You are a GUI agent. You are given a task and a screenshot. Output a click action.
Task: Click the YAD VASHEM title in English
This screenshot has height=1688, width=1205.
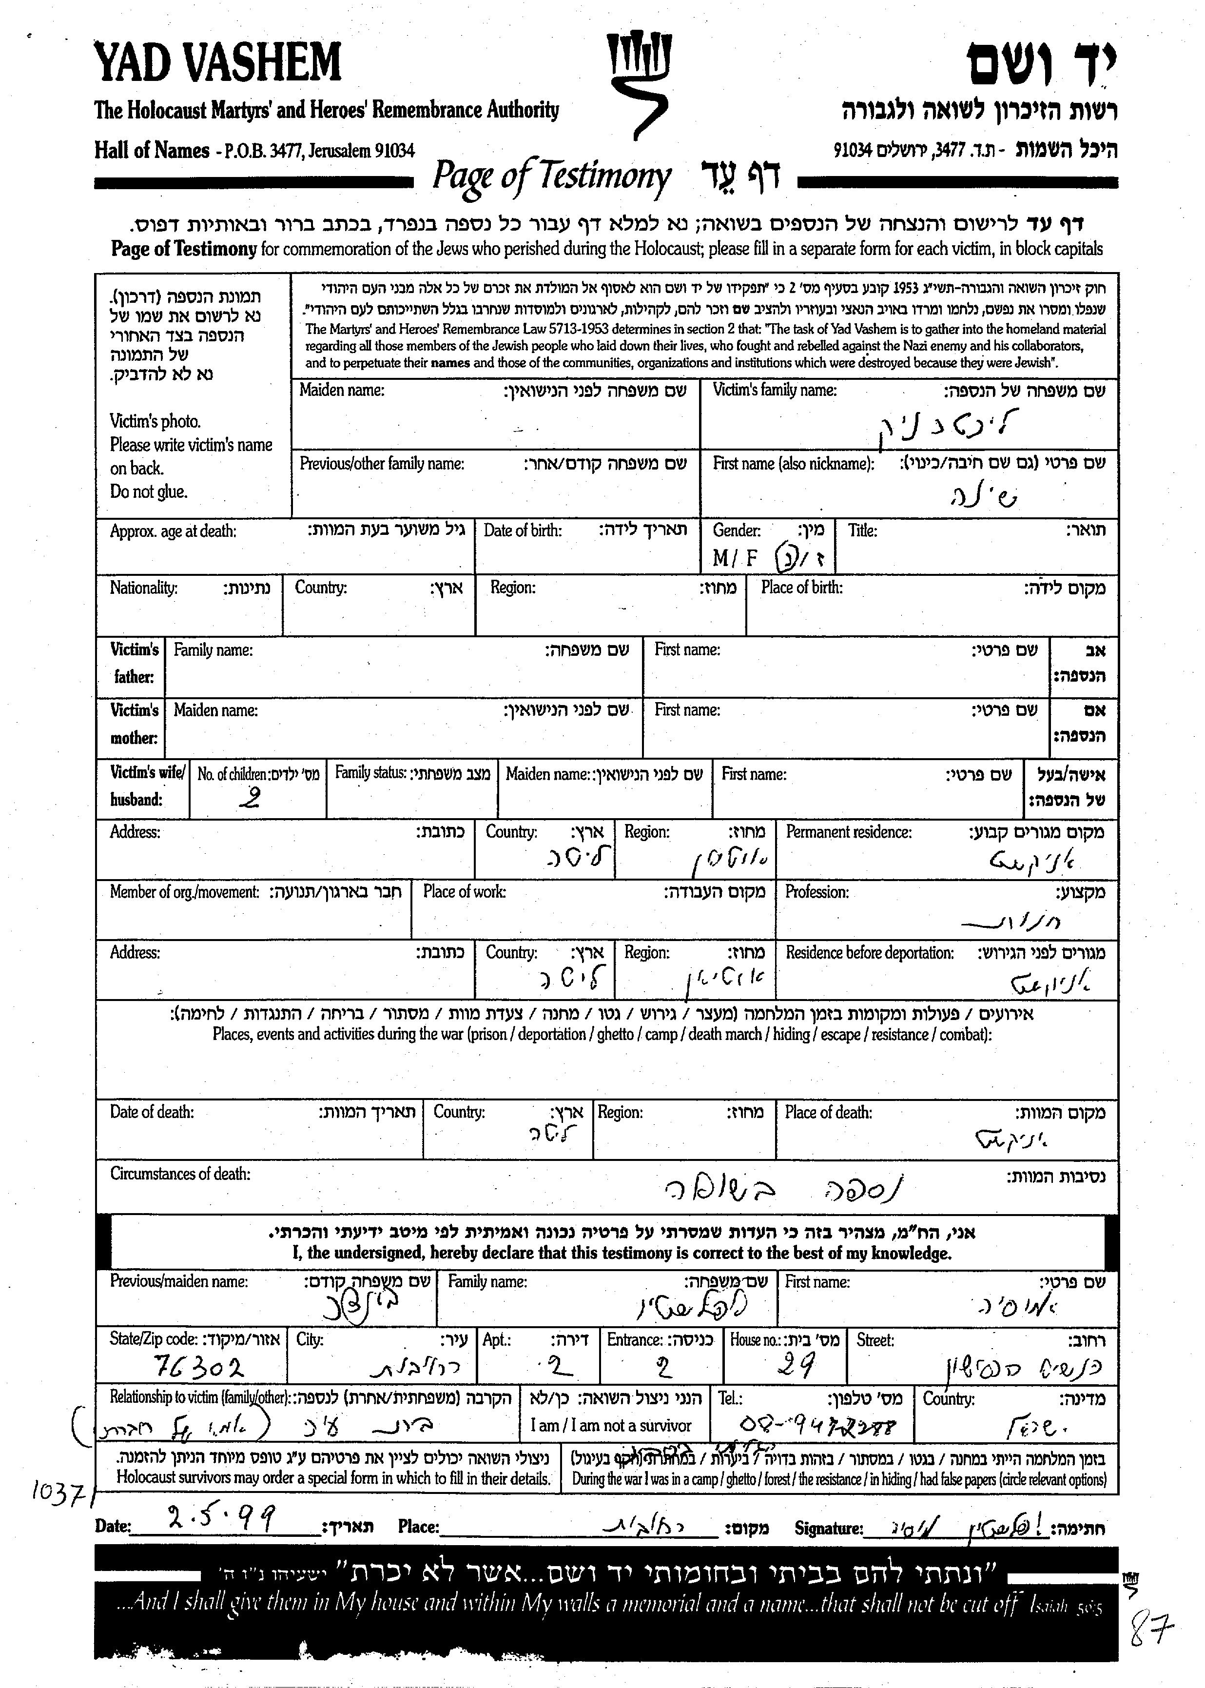pos(217,62)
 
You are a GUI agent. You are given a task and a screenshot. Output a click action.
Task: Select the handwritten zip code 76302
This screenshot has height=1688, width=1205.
pos(198,1365)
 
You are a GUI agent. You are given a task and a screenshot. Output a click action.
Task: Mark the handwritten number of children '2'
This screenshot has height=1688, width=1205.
pos(253,798)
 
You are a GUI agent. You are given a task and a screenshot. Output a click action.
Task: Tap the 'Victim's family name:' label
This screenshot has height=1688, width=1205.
pos(774,390)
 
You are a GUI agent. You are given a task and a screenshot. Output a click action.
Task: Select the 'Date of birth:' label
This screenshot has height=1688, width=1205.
pos(523,530)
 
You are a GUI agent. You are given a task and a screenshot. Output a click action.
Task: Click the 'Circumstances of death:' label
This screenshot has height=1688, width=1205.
pos(180,1174)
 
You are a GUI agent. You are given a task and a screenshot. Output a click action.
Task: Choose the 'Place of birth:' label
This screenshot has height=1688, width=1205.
pos(801,588)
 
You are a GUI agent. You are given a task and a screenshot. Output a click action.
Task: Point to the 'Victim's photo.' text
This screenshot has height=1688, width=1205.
pos(155,421)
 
